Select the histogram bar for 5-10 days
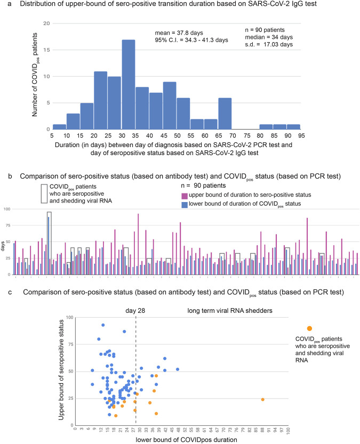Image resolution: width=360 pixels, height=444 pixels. tap(59, 126)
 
